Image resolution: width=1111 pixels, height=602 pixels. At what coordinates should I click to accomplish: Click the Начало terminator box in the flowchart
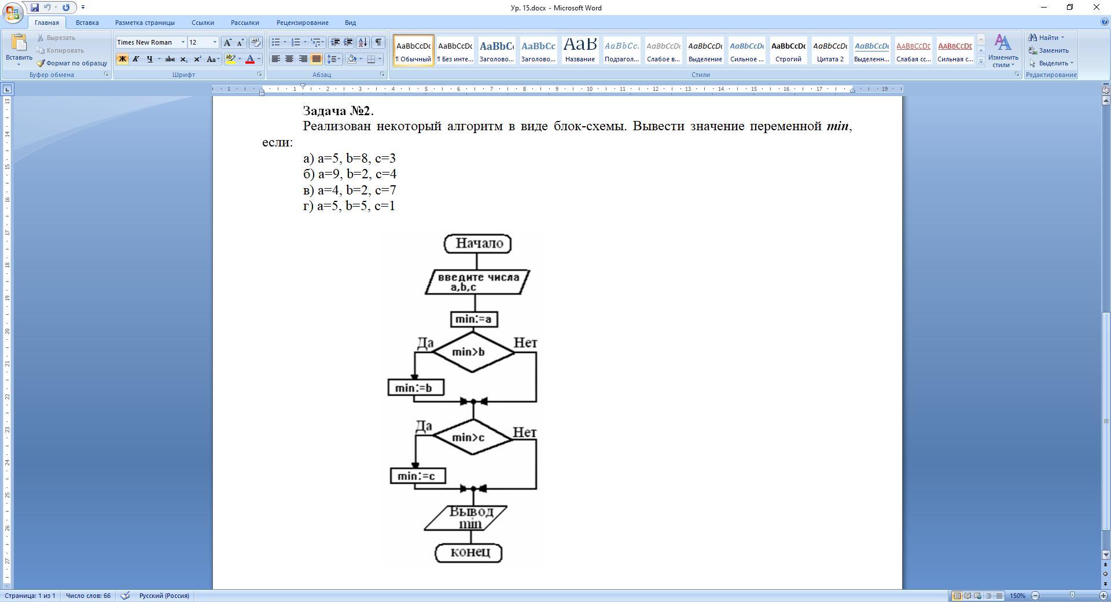coord(477,244)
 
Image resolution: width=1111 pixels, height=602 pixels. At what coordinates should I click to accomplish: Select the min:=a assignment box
coord(474,319)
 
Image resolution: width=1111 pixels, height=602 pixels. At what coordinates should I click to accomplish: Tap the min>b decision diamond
coord(473,352)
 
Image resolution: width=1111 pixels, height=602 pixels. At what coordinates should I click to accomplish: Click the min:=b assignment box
coord(416,387)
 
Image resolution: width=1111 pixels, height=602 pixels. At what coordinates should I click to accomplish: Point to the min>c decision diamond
coord(472,438)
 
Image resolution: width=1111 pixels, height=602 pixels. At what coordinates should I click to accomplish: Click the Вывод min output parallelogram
coord(466,517)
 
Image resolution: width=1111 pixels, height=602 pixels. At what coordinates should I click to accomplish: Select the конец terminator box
coord(469,553)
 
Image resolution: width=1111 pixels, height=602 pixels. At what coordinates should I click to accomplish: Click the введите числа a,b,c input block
coord(477,282)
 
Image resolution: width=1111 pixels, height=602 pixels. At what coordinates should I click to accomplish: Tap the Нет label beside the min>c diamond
coord(525,432)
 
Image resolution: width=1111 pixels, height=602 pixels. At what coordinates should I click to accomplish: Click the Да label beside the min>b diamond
coord(425,343)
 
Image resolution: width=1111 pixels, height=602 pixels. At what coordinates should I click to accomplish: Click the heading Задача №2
coord(339,111)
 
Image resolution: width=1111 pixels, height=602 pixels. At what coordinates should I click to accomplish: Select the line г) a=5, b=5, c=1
coord(349,206)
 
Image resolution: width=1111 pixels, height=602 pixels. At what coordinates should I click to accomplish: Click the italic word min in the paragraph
coord(837,126)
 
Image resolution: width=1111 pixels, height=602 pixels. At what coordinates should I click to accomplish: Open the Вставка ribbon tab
coord(87,23)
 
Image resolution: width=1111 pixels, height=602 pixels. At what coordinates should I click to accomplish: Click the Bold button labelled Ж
coord(122,59)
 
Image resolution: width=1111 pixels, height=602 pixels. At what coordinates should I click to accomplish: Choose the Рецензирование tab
coord(303,23)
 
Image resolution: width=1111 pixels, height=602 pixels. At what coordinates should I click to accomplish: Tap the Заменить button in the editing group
coord(1049,50)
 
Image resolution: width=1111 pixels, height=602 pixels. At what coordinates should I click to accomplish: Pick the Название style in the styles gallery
coord(580,50)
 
